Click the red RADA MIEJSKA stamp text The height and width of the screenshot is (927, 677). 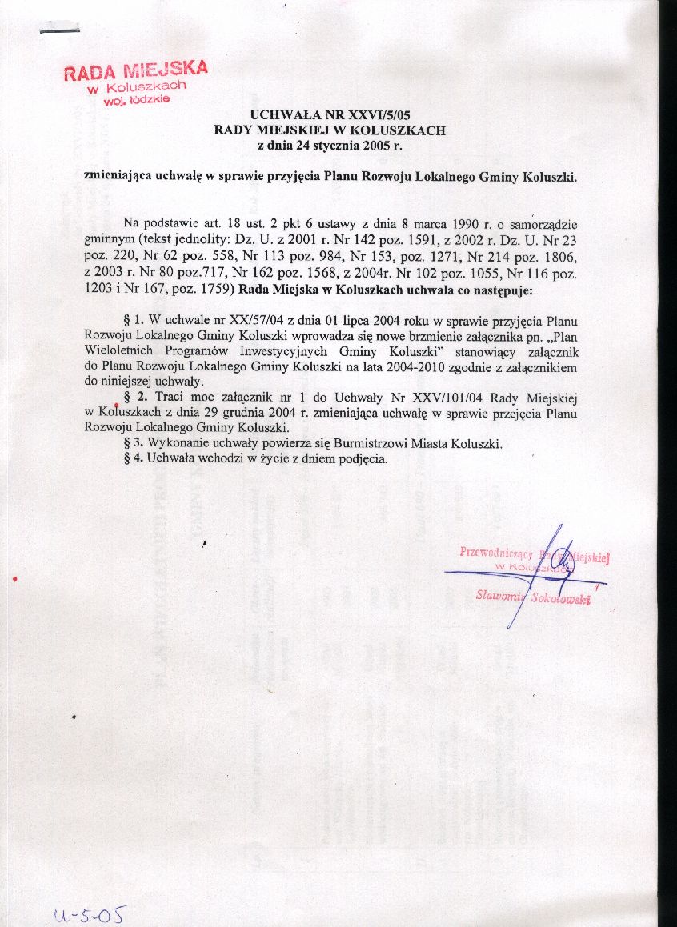coord(135,70)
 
